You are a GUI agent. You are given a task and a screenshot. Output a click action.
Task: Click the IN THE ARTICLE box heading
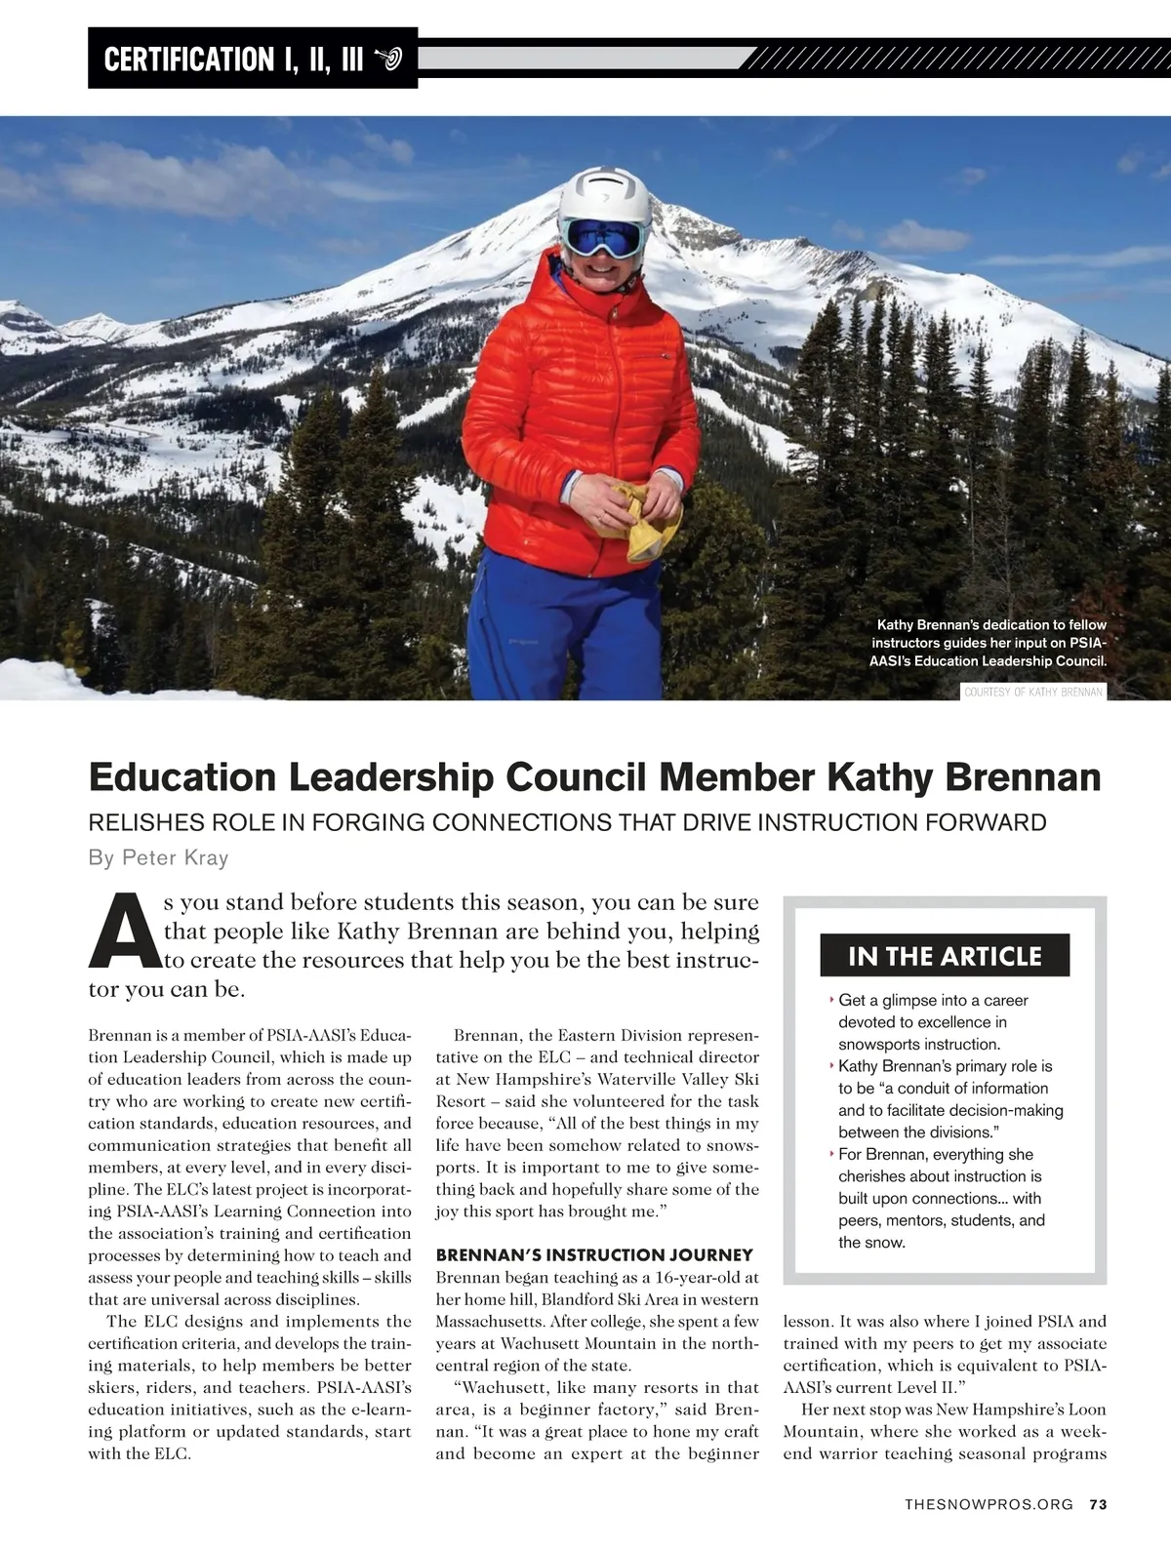tap(945, 956)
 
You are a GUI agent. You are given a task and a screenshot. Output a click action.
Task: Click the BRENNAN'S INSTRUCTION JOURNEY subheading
tap(594, 1254)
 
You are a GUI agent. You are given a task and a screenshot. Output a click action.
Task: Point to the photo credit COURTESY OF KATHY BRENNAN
tap(1033, 692)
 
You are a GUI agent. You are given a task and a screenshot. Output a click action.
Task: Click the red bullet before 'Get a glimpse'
tap(830, 1000)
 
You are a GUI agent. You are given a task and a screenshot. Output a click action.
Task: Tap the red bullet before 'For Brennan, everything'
tap(830, 1154)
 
